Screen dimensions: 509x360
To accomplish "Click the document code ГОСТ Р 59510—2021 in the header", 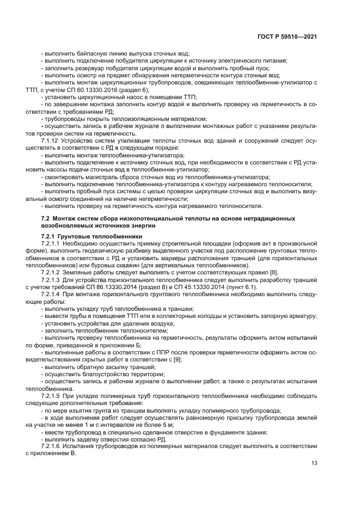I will click(x=288, y=36).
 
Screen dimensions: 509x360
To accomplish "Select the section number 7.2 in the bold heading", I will click(x=45, y=218).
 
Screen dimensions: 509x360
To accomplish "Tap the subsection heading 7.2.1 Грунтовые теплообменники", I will click(x=84, y=236).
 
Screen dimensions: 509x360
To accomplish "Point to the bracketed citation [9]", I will click(x=177, y=360).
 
